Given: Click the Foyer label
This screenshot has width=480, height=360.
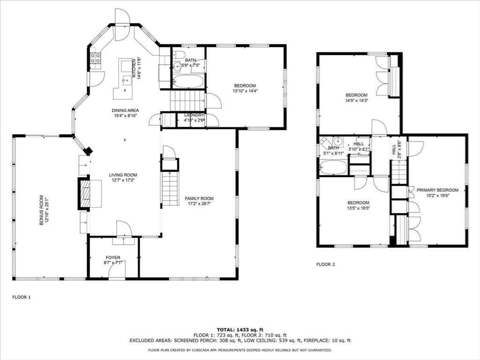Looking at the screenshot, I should pyautogui.click(x=112, y=257).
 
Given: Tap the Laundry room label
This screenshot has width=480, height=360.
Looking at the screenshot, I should pyautogui.click(x=194, y=115).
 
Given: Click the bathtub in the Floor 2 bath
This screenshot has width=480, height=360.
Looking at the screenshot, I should pyautogui.click(x=333, y=167).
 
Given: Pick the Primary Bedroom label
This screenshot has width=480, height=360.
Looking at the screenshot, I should pyautogui.click(x=438, y=190).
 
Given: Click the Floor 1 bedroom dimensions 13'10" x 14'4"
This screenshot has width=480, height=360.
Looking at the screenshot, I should pyautogui.click(x=245, y=91).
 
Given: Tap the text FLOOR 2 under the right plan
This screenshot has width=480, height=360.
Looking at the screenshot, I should pyautogui.click(x=326, y=264).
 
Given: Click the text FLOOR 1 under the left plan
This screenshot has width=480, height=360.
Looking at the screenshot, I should pyautogui.click(x=21, y=297).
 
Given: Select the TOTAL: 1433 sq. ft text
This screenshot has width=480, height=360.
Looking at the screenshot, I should pyautogui.click(x=240, y=330).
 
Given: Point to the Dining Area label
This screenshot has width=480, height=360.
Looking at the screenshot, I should pyautogui.click(x=126, y=110).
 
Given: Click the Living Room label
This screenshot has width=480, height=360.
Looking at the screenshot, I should pyautogui.click(x=123, y=175).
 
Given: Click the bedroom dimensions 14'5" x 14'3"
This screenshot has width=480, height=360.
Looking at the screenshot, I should pyautogui.click(x=357, y=100).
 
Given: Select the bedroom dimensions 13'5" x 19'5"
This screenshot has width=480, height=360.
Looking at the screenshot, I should pyautogui.click(x=359, y=208).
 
